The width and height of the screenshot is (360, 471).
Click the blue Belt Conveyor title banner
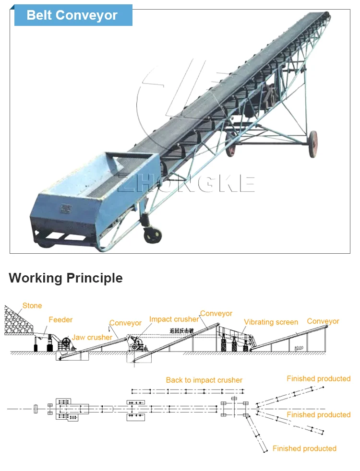click(x=72, y=15)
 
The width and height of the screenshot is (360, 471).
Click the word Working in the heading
click(x=35, y=278)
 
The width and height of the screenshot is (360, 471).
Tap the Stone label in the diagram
click(x=32, y=306)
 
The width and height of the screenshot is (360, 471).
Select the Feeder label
click(x=60, y=319)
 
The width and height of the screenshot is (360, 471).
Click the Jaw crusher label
click(x=92, y=337)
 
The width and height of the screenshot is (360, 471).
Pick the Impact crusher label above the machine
click(x=174, y=319)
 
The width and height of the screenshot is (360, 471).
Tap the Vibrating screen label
click(x=271, y=322)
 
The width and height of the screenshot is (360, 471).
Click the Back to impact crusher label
click(x=204, y=380)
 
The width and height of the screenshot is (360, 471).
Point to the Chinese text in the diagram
click(x=181, y=330)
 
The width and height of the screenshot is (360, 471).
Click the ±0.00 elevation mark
click(x=299, y=347)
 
